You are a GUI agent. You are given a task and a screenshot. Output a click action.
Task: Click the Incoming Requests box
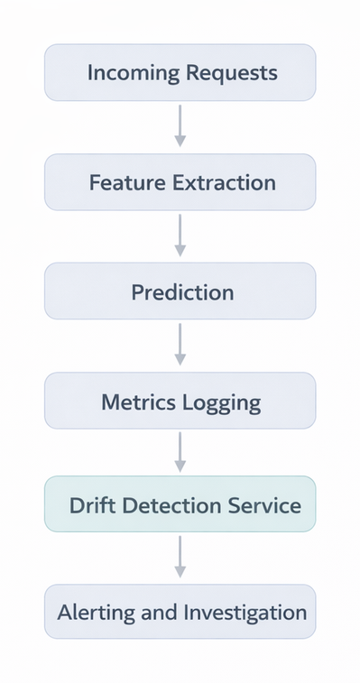(180, 72)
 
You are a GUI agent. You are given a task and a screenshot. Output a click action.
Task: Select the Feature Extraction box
(180, 182)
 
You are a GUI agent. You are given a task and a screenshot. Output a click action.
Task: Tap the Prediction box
(180, 291)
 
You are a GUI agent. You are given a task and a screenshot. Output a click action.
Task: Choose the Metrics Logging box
(180, 401)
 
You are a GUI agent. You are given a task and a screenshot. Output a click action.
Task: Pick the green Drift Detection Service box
(180, 504)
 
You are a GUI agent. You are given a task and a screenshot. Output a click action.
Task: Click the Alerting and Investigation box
(180, 612)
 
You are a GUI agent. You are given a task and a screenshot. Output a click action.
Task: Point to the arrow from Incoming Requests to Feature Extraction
(180, 125)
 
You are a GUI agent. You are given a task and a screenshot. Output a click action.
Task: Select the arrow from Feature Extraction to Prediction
(180, 235)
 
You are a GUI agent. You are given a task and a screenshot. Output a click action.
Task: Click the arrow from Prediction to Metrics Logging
(180, 344)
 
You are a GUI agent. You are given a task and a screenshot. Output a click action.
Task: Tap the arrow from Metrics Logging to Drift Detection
(180, 451)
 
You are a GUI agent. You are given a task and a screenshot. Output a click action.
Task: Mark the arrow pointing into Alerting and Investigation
(180, 557)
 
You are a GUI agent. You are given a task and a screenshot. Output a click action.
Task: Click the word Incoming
(127, 73)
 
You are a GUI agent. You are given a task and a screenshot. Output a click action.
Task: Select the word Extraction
(224, 182)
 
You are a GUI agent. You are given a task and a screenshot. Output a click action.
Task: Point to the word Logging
(222, 402)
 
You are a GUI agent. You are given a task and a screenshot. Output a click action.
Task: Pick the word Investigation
(245, 613)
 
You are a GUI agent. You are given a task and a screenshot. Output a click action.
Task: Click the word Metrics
(139, 401)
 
